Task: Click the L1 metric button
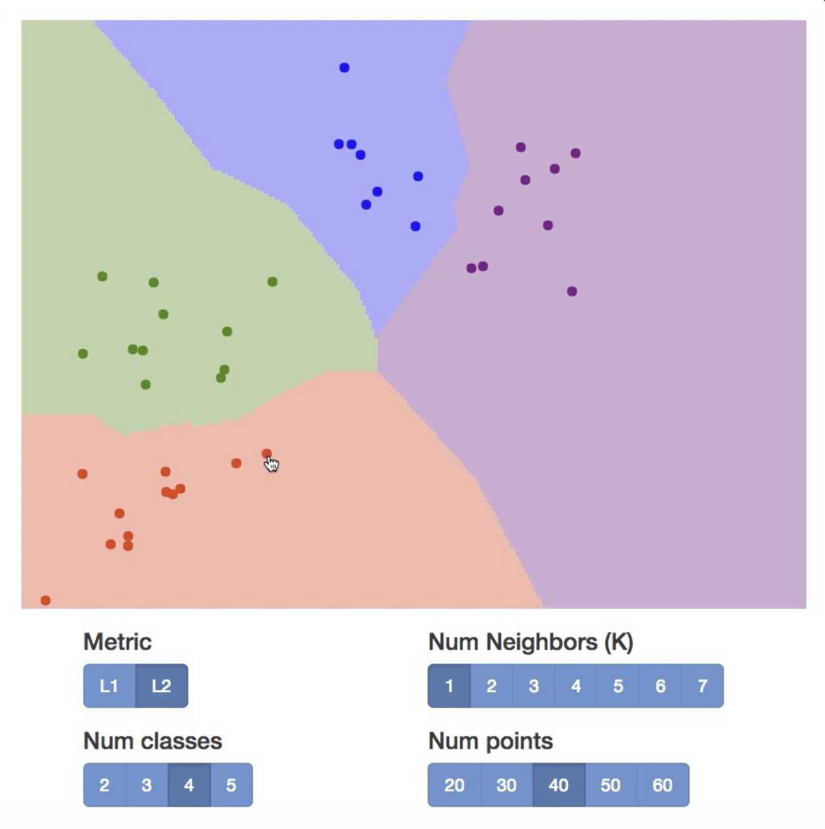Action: click(109, 686)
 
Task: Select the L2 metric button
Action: click(161, 686)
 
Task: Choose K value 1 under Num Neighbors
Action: click(449, 686)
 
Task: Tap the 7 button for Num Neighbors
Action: click(702, 686)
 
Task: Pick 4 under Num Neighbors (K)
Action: click(576, 686)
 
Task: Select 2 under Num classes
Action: click(105, 785)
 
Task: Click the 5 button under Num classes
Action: click(231, 785)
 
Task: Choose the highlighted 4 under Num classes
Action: click(189, 785)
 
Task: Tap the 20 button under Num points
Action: click(454, 785)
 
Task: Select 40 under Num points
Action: click(558, 785)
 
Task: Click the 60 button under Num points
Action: click(662, 785)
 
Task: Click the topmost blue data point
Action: click(344, 68)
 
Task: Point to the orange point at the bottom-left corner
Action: click(45, 600)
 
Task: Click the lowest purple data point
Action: click(572, 292)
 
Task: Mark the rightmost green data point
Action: click(272, 282)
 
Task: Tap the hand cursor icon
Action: click(271, 464)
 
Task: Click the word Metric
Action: click(117, 641)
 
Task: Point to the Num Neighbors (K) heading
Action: click(531, 641)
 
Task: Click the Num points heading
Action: click(490, 741)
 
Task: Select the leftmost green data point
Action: click(83, 354)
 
